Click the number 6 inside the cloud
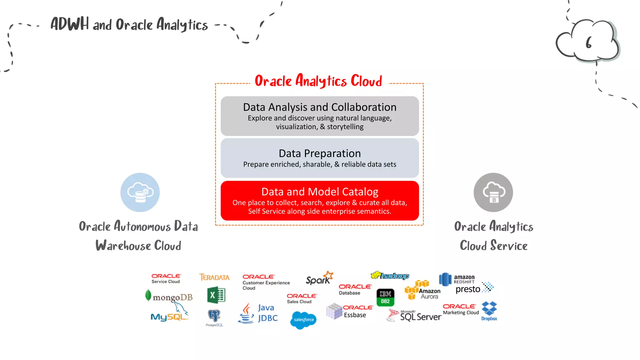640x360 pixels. tap(589, 43)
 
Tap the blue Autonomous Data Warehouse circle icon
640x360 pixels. tap(140, 192)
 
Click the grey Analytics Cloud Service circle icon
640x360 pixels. tap(493, 192)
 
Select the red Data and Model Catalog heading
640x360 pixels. tap(320, 192)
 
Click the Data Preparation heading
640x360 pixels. tap(320, 153)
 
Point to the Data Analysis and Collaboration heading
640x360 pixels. tap(320, 107)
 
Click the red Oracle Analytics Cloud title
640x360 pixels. tap(318, 81)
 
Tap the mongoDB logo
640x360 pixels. tap(169, 297)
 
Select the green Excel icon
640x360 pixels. tap(216, 295)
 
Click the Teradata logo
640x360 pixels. tap(214, 277)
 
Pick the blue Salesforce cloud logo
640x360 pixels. tap(303, 320)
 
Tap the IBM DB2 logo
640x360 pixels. tap(385, 297)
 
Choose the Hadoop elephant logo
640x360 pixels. tap(390, 275)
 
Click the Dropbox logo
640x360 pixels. tap(489, 311)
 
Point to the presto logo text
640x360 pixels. tap(468, 289)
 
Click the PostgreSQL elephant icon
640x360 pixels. tap(214, 316)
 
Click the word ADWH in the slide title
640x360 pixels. tap(70, 24)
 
